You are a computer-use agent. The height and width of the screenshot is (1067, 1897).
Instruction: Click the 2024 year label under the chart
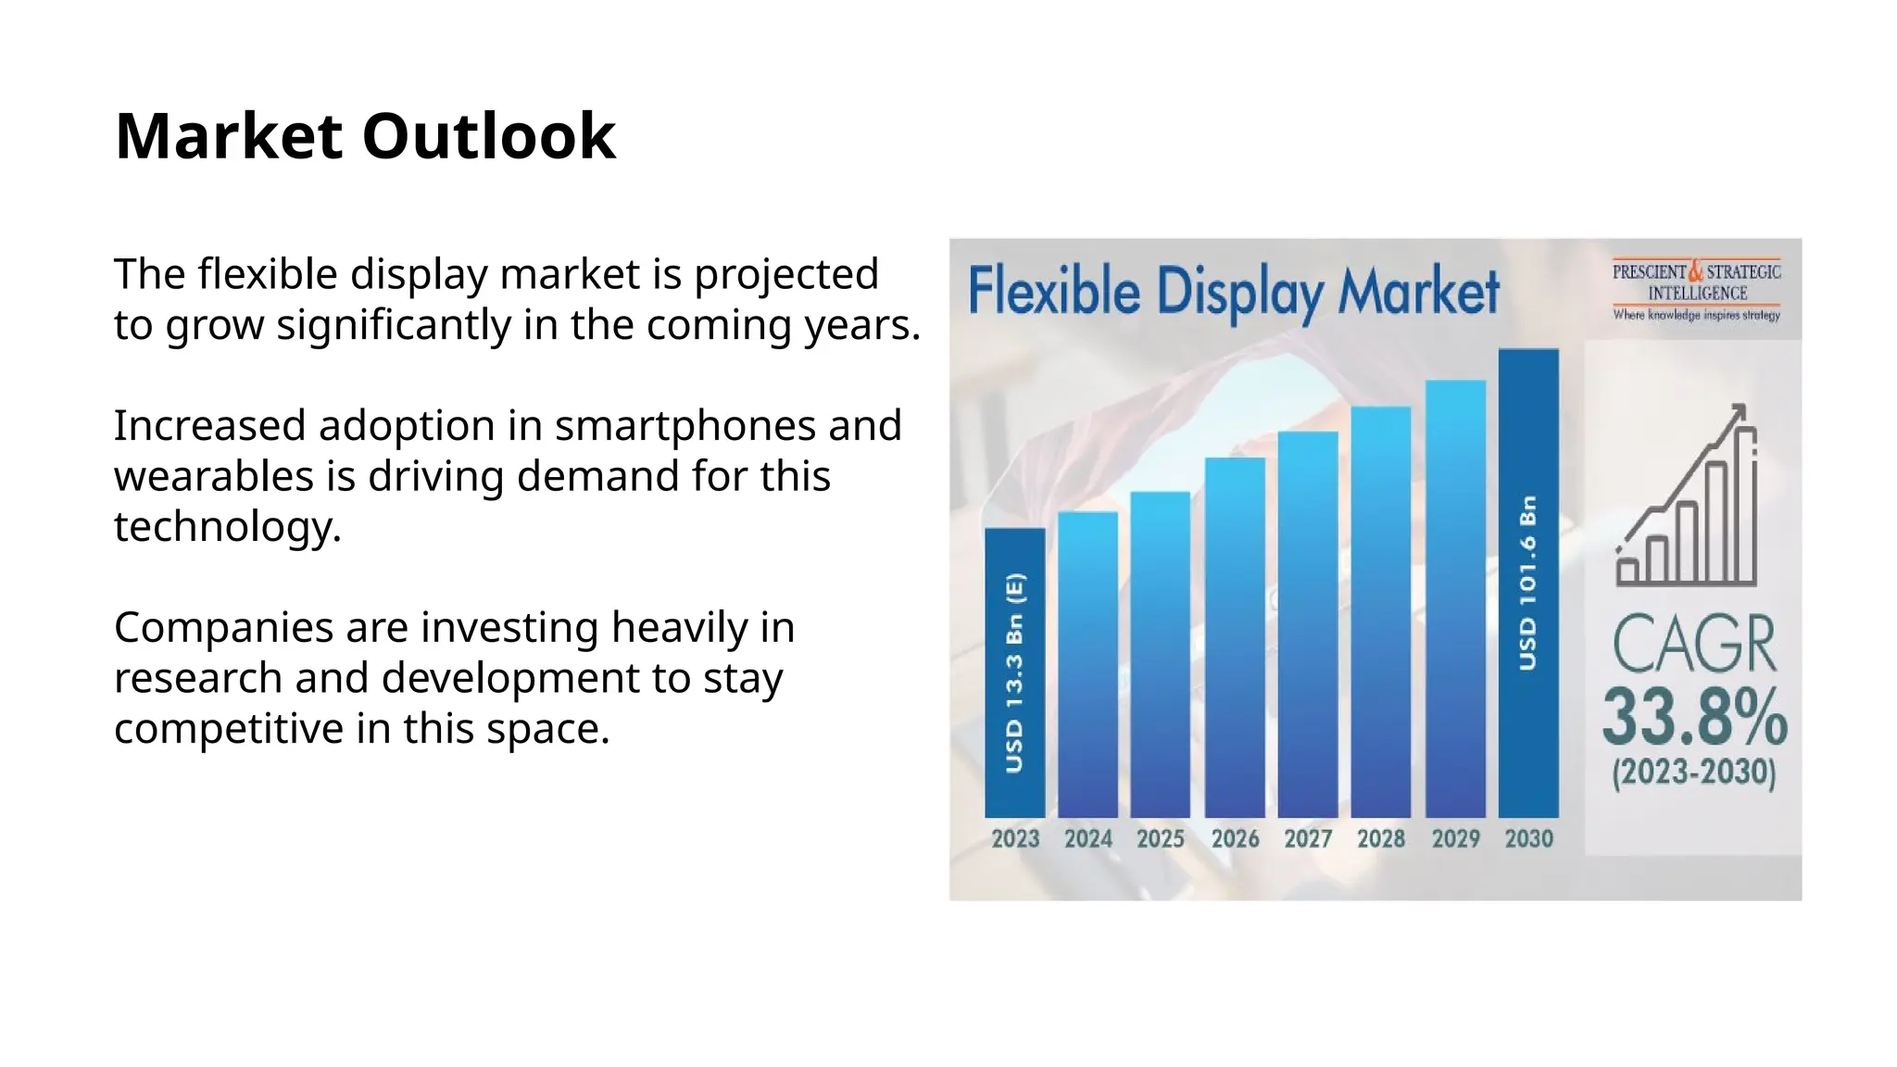[1087, 839]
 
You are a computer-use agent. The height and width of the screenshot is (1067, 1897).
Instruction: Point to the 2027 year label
[1307, 839]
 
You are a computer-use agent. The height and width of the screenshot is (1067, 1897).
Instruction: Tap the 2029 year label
[1455, 839]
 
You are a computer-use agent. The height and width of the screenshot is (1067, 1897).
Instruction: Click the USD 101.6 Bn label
[1528, 583]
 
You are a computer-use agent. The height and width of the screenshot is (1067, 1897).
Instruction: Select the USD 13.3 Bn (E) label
[1014, 673]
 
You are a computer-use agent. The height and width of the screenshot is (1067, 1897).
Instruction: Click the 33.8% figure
[1694, 718]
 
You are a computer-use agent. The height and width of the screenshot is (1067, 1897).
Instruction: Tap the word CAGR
[1694, 645]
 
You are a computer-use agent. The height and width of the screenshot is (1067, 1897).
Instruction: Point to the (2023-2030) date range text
[1694, 772]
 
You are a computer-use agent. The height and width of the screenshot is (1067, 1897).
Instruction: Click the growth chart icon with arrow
[1687, 495]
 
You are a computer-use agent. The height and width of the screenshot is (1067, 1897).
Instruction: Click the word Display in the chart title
[1239, 292]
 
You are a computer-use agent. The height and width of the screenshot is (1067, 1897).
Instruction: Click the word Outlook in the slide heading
[488, 136]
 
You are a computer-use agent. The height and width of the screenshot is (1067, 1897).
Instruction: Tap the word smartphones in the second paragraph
[685, 426]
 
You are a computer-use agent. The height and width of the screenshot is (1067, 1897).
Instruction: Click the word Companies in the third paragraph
[223, 628]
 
